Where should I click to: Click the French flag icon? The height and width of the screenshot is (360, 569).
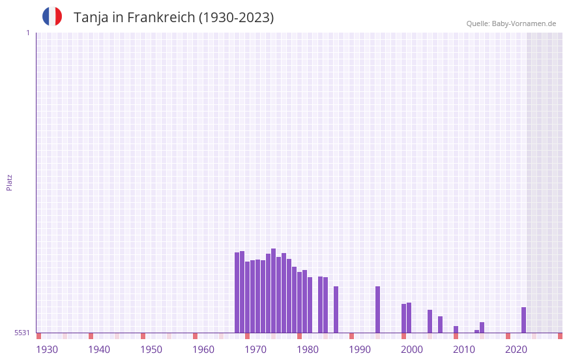point(52,17)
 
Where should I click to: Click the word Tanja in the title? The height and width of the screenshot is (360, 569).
point(91,18)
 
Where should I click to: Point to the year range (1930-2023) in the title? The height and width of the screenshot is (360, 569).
point(237,18)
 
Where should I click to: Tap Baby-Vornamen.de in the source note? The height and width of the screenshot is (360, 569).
point(524,23)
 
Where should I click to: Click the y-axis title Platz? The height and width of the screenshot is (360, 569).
point(9,182)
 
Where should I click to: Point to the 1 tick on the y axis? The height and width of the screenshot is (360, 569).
point(27,33)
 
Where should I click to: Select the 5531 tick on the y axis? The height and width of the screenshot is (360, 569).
point(22,333)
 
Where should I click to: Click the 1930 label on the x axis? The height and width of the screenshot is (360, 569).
point(47,350)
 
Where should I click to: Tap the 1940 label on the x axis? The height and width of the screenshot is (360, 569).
point(99,350)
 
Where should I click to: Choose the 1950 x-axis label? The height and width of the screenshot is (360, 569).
point(151,350)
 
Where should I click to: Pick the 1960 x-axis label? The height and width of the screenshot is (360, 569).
point(203,350)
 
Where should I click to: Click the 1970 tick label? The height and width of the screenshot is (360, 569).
point(255,350)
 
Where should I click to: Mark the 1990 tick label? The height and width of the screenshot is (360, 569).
point(360,350)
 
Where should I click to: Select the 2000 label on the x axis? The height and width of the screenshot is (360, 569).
point(412,350)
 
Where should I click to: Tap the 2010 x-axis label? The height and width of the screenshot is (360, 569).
point(464,350)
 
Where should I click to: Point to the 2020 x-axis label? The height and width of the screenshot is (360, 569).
point(516,350)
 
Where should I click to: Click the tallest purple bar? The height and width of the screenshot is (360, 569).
point(274,290)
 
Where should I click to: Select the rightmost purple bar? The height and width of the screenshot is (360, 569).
point(523,320)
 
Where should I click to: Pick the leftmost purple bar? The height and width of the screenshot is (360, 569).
point(237,292)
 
